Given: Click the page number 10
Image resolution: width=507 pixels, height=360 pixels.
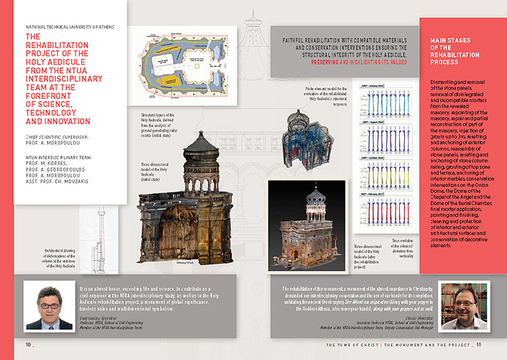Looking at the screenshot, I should coord(28,343).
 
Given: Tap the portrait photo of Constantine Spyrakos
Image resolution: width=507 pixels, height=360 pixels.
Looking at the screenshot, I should coord(48,304).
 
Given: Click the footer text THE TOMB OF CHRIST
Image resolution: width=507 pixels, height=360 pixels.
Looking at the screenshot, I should coord(355,343).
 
